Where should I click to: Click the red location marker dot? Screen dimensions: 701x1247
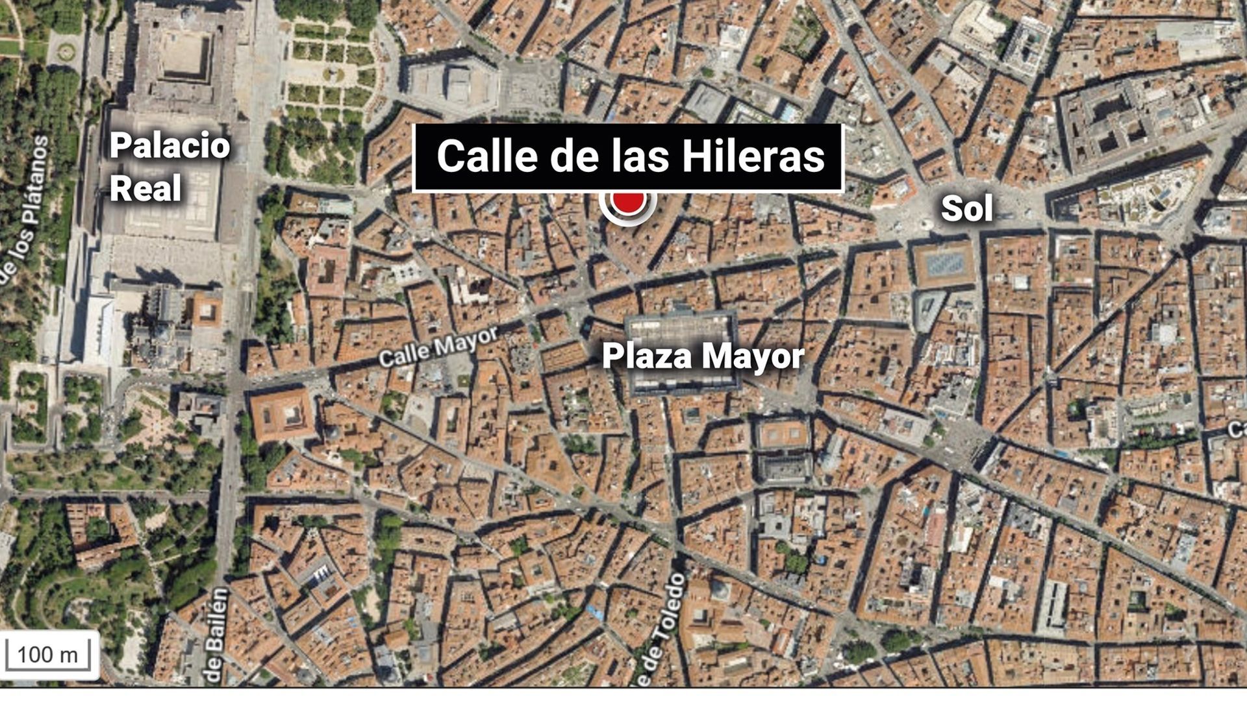point(628,203)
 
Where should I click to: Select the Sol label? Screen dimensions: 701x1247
point(966,209)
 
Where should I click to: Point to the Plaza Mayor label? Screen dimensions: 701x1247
point(703,356)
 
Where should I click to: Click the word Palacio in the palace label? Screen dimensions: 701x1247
point(170,145)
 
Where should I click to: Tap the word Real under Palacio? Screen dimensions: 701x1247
point(145,188)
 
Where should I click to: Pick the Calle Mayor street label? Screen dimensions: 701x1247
point(438,347)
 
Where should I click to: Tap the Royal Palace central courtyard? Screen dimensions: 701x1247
point(186,55)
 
